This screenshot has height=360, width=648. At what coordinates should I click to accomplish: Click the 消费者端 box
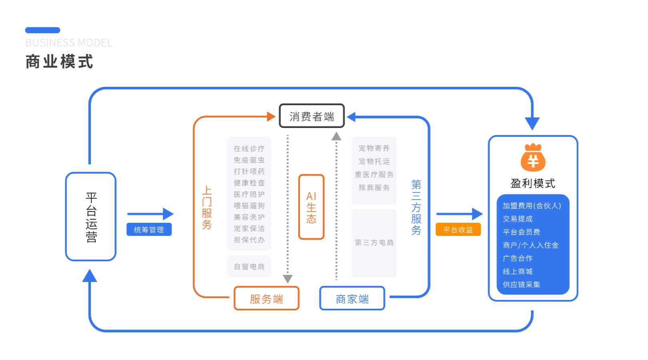click(x=311, y=116)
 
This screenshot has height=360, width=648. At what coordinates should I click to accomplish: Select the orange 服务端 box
click(x=266, y=298)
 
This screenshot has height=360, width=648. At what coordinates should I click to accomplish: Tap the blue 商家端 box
click(x=352, y=298)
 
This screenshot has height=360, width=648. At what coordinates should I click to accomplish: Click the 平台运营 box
click(x=91, y=217)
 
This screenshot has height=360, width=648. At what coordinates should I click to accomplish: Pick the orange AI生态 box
click(x=311, y=207)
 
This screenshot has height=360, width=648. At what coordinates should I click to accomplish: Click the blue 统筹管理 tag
click(x=149, y=230)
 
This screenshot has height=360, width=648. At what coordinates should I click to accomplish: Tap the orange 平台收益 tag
click(x=458, y=230)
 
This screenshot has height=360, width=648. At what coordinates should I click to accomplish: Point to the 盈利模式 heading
click(x=533, y=183)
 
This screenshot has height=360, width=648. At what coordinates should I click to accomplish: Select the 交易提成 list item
click(x=518, y=219)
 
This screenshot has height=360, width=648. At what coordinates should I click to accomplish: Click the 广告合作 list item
click(x=518, y=258)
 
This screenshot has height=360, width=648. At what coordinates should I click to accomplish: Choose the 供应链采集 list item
click(x=521, y=284)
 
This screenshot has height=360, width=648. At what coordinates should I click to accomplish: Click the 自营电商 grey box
click(x=249, y=266)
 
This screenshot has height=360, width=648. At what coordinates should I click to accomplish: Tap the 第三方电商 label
click(x=374, y=242)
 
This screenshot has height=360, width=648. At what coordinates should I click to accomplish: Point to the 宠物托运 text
click(x=374, y=161)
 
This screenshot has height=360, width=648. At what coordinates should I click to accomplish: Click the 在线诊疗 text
click(x=249, y=148)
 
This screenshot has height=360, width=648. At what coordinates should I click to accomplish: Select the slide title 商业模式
click(x=59, y=62)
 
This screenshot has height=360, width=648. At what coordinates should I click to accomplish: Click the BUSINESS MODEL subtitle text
click(x=68, y=43)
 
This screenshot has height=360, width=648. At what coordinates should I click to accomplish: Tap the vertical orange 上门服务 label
click(x=207, y=207)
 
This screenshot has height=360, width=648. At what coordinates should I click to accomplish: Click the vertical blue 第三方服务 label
click(x=416, y=207)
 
